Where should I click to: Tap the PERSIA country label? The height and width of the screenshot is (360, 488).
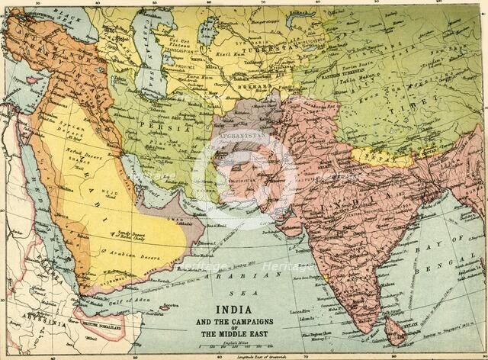coord(171,128)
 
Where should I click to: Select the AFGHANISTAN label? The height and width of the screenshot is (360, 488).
coord(242,134)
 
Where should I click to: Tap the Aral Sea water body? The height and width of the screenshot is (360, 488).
coord(207,31)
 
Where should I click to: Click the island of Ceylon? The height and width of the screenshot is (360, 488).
coord(394,329)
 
